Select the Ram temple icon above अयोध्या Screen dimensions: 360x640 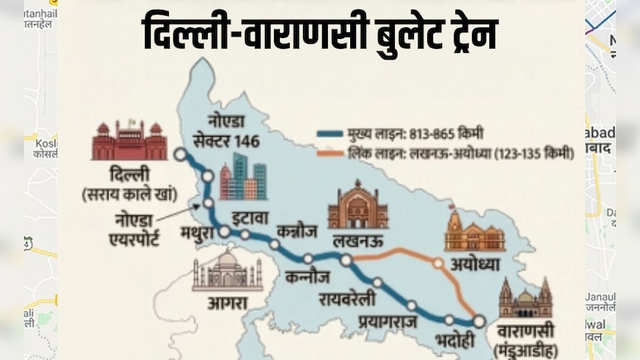click(x=474, y=232)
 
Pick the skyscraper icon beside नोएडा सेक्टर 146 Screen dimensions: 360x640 click(x=243, y=176)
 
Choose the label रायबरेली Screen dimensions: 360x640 click(x=353, y=299)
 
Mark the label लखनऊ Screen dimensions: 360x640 click(x=358, y=241)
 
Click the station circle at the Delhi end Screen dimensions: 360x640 click(x=180, y=153)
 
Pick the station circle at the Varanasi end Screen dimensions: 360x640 click(x=479, y=321)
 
